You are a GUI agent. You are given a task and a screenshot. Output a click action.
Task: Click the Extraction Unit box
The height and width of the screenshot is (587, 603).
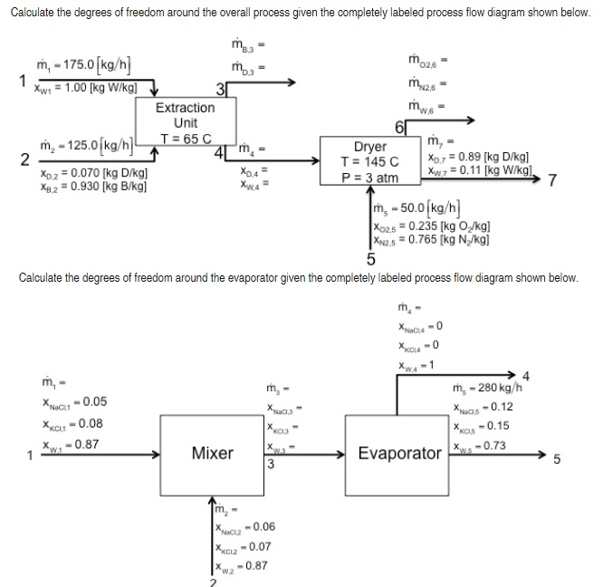coord(185,116)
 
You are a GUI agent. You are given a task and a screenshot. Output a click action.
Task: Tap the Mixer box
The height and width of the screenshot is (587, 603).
coord(213,452)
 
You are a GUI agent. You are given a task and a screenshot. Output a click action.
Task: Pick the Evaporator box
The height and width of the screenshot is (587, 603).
coord(400,452)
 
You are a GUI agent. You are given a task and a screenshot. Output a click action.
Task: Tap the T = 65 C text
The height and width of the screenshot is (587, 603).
coord(186,139)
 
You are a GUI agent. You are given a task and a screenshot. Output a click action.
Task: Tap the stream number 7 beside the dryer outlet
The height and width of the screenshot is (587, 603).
coord(562,178)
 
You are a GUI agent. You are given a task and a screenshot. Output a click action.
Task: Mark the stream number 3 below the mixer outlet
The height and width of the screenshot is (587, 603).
coord(271,466)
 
